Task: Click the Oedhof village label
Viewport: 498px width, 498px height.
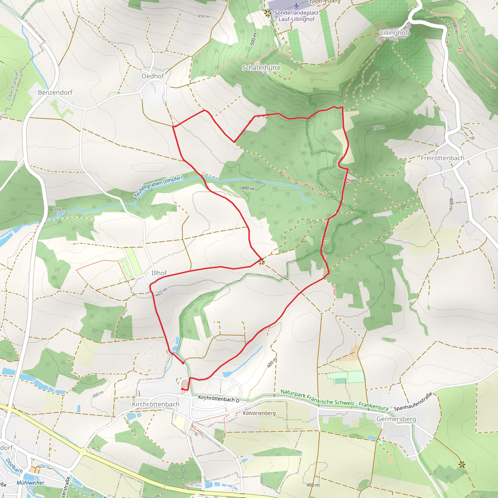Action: (x=153, y=76)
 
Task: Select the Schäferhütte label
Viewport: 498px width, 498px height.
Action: (x=261, y=68)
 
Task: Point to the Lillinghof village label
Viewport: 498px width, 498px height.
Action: (x=394, y=33)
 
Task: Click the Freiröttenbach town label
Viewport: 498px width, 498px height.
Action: (x=442, y=158)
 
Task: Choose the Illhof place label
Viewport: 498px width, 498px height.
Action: (x=159, y=273)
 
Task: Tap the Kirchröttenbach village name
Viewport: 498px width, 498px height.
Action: (x=155, y=404)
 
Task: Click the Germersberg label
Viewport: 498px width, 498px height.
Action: (x=396, y=419)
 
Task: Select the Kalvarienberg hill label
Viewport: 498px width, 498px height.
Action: (x=259, y=413)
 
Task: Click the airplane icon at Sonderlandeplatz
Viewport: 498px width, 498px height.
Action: (x=296, y=5)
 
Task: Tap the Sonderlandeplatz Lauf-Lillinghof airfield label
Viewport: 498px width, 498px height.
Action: (x=296, y=16)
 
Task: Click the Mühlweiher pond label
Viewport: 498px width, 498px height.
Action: (x=30, y=482)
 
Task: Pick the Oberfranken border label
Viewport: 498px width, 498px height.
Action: (x=13, y=85)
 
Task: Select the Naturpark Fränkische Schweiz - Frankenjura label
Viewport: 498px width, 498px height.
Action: (x=334, y=400)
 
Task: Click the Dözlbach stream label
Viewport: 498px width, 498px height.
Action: (x=14, y=466)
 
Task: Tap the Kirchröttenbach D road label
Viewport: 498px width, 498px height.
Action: (x=219, y=399)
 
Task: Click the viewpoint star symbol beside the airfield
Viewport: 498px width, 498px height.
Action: (x=267, y=13)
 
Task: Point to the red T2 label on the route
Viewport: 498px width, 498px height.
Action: (x=348, y=181)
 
